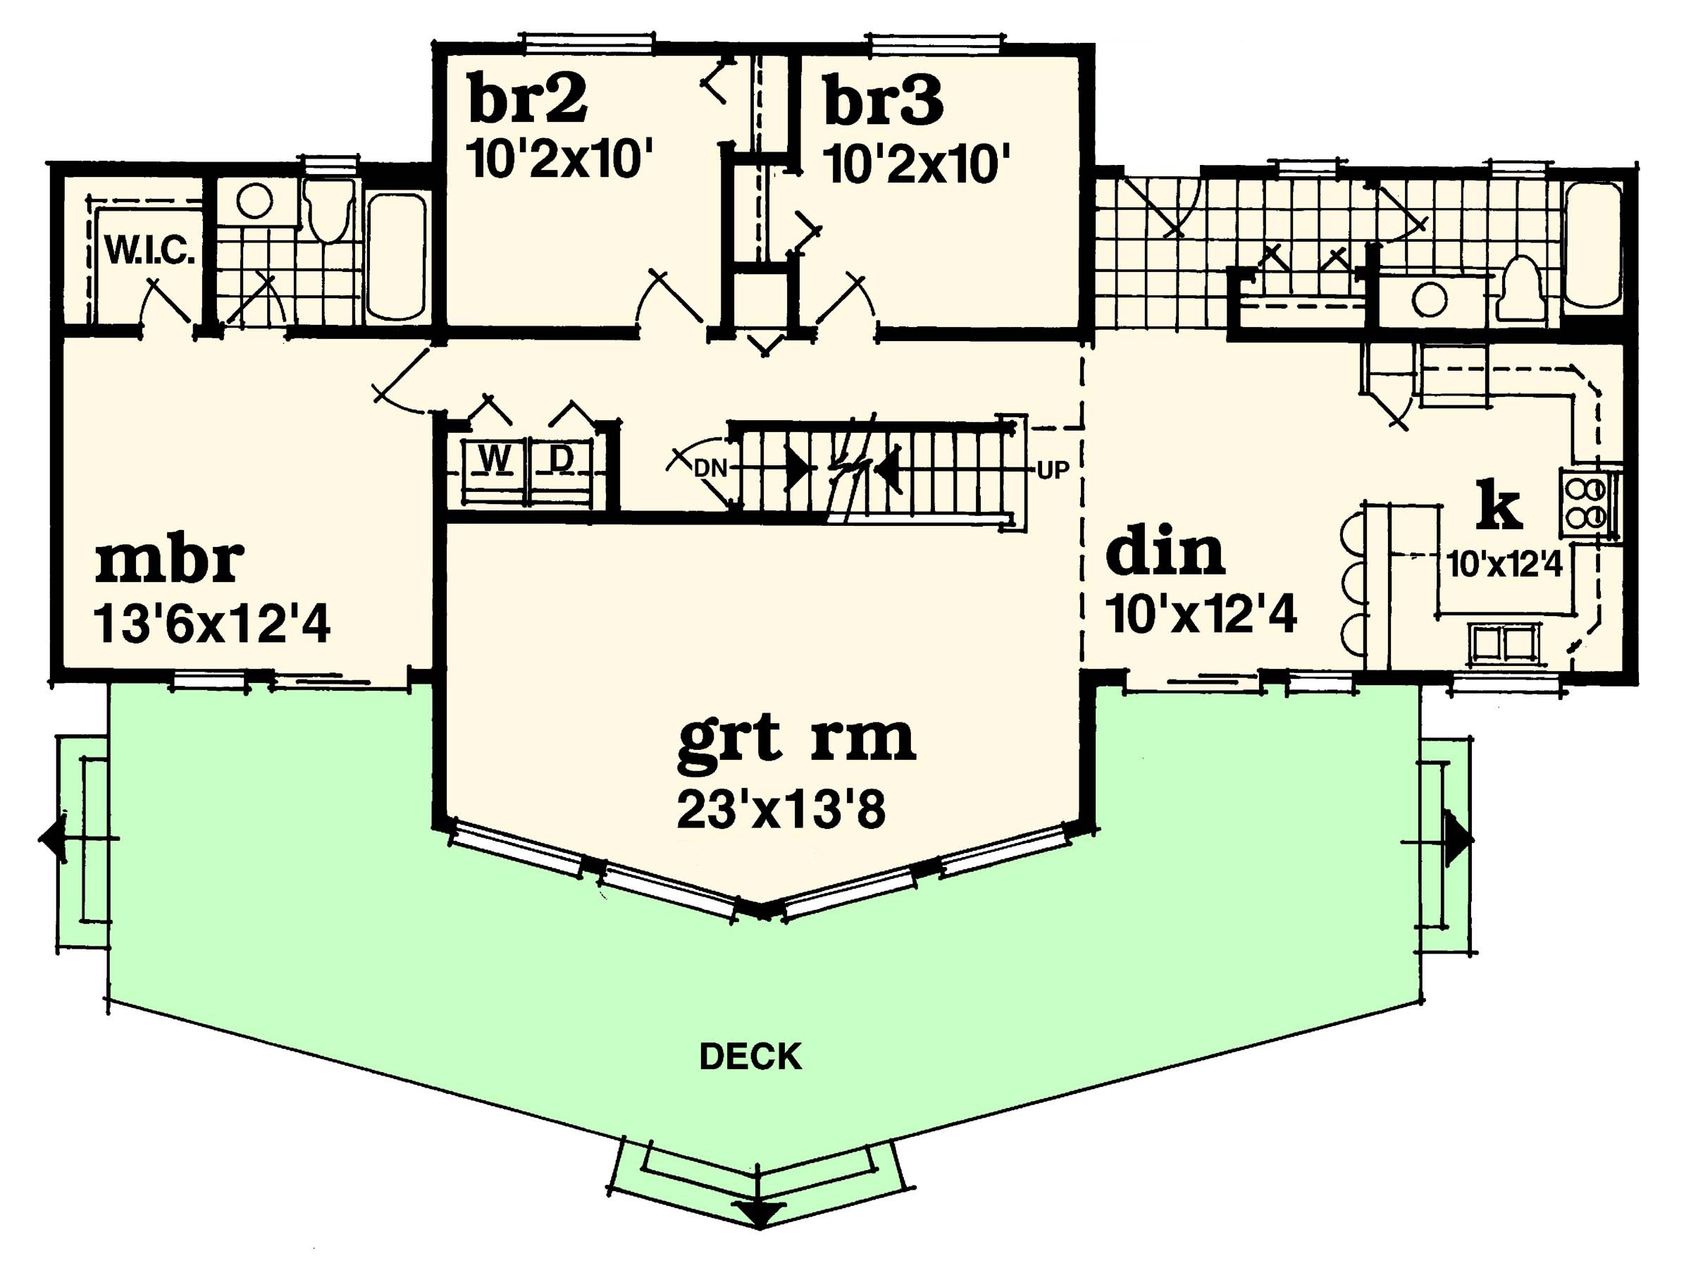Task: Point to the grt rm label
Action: pos(797,739)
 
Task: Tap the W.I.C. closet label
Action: pos(149,250)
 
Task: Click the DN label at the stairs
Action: pos(710,468)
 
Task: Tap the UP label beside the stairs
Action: pos(1053,469)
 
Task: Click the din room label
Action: pos(1165,551)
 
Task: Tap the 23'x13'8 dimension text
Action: pos(781,810)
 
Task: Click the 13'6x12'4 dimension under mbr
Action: pos(212,624)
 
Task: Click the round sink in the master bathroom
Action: pos(254,201)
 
